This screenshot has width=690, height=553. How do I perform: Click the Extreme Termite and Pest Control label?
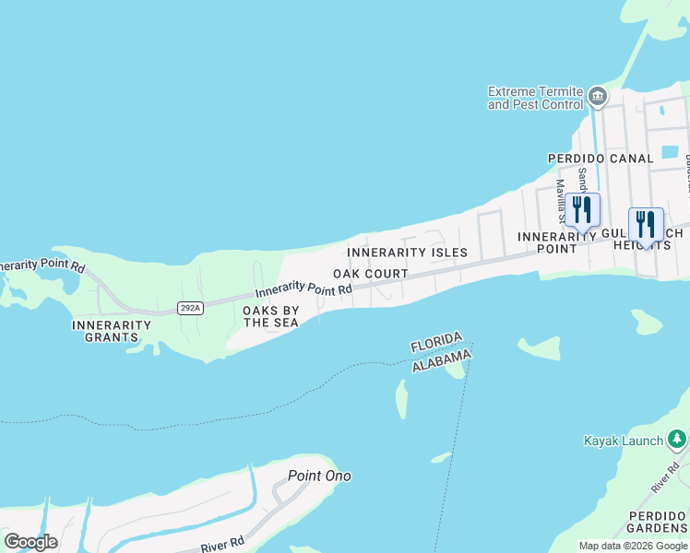(x=535, y=98)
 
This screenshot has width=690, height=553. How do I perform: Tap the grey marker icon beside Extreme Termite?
(x=598, y=96)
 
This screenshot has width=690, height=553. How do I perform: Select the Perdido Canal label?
(x=601, y=159)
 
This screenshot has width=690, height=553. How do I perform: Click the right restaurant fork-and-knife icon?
(x=646, y=223)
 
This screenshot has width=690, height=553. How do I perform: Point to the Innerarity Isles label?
(x=407, y=253)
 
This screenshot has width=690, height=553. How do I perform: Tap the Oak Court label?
(x=371, y=274)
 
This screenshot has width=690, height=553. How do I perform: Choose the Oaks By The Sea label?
(x=270, y=316)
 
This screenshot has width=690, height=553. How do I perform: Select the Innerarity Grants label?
(x=112, y=331)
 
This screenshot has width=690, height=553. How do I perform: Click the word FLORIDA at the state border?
(x=436, y=344)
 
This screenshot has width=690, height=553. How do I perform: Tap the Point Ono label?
(x=319, y=476)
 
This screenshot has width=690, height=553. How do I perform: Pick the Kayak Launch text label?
(x=624, y=441)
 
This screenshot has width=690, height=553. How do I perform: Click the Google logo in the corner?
(x=30, y=542)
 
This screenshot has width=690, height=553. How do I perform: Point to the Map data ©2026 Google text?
(x=632, y=546)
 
